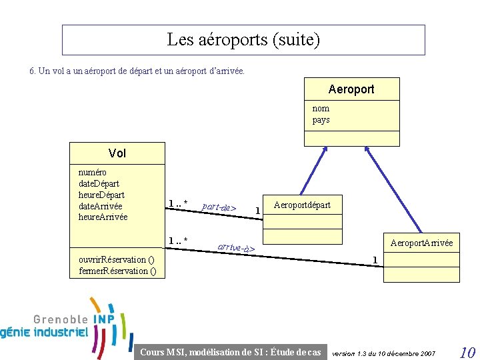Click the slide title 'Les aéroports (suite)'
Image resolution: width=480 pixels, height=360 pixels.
[243, 40]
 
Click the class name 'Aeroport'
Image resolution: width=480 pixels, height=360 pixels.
[351, 89]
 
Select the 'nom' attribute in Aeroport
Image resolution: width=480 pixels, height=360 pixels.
[321, 108]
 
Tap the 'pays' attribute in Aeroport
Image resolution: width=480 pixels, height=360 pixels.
[321, 120]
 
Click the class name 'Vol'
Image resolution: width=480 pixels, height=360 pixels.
[117, 153]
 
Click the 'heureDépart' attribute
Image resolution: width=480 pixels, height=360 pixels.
[101, 195]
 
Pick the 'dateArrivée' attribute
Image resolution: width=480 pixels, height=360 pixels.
[100, 206]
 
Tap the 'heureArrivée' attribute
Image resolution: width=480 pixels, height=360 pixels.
[103, 217]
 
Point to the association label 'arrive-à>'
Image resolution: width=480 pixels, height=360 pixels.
[236, 248]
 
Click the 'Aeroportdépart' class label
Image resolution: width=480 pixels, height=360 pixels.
[302, 205]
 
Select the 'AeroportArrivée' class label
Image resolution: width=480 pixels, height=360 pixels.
[421, 243]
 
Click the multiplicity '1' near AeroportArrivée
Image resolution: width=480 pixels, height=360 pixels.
[375, 259]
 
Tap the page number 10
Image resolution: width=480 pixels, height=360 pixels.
[467, 351]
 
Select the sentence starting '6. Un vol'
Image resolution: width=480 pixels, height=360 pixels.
[137, 70]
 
